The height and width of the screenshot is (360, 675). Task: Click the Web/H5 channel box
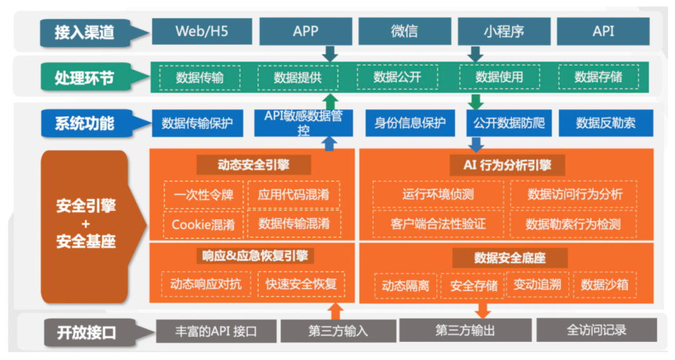202,31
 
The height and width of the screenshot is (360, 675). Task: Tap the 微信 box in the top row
404,31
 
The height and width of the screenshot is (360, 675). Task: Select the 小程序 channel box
504,31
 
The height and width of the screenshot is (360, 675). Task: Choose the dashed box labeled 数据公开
397,77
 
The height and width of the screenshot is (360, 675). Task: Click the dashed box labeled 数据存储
598,77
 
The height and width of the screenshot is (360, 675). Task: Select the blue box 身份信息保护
410,123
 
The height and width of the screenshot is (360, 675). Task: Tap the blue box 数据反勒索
606,123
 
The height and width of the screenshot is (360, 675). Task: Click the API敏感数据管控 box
304,123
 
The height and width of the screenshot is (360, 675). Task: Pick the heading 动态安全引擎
254,165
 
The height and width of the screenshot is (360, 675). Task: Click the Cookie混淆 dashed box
203,224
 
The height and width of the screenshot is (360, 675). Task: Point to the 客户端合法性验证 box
438,224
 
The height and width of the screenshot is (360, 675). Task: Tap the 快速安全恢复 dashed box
301,284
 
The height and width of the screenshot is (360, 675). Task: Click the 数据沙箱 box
604,284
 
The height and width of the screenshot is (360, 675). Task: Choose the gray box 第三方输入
338,331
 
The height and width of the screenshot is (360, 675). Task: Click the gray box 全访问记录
597,330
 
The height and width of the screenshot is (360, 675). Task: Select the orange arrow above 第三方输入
336,311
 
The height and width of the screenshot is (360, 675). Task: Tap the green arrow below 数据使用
475,102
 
